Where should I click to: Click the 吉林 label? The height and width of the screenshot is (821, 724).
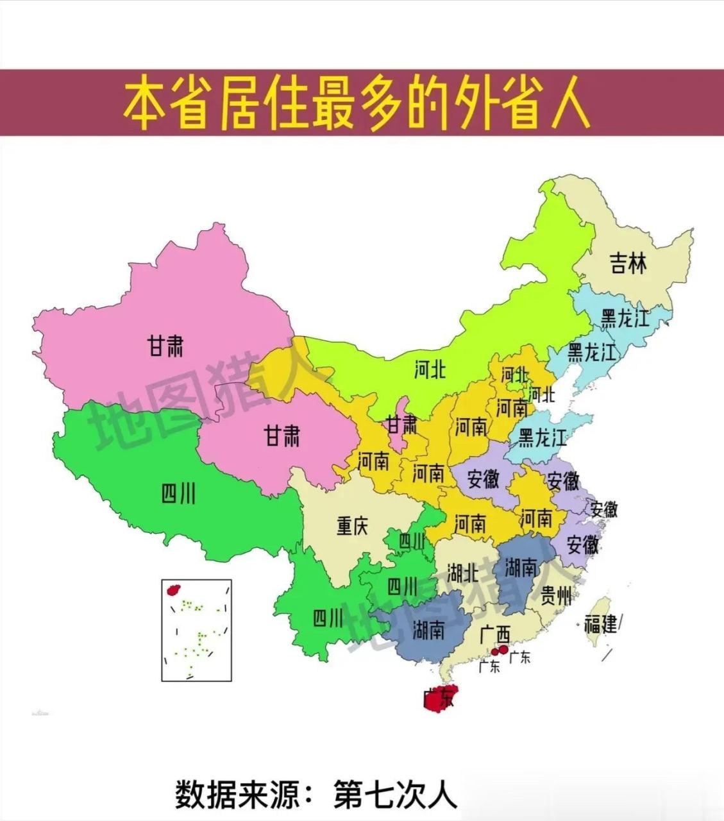[x=628, y=263]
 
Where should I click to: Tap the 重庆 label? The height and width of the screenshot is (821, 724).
[x=352, y=527]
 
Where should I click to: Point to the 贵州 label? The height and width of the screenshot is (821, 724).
[x=555, y=596]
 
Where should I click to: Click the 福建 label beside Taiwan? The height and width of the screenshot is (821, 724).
[x=600, y=623]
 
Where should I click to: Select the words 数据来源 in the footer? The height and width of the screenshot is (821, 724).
[x=237, y=795]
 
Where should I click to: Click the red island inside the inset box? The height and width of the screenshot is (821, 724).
[x=172, y=589]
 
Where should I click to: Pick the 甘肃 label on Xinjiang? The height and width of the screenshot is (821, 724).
[x=165, y=347]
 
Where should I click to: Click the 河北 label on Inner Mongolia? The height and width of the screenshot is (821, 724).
[x=429, y=369]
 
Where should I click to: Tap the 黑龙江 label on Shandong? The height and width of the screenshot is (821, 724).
[x=543, y=438]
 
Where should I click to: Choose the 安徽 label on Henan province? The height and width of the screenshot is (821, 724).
[x=483, y=478]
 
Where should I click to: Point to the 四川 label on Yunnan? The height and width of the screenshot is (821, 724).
[x=328, y=618]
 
